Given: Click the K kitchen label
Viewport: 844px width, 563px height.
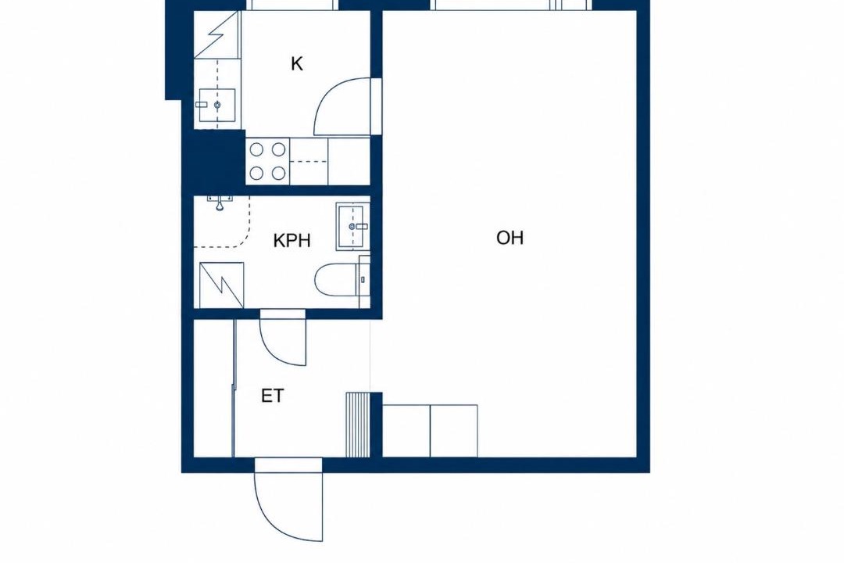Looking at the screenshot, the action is pos(297,64).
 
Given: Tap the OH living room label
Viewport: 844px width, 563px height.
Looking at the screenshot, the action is pos(510,238).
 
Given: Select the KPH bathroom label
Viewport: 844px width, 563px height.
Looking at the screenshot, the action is pos(291,240).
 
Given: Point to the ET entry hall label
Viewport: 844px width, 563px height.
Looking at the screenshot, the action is pos(273,396).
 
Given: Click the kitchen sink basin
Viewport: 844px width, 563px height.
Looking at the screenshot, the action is pos(217,105).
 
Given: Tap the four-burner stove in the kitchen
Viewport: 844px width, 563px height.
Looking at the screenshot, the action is pos(267,160).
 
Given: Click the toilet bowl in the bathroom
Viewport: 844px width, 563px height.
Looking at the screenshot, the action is pos(335,280).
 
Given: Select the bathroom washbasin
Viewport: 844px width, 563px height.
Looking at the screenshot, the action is pos(353,226).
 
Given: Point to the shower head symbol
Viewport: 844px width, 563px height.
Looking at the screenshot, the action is pos(220,203).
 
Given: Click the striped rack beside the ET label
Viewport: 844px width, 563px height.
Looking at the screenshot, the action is pos(357,425).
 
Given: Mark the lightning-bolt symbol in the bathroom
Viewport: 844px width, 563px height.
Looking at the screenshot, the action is pos(221,285).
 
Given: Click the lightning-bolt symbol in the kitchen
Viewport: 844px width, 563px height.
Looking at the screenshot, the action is pos(216,34).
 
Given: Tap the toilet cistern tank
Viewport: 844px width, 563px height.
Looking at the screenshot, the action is pos(364,279).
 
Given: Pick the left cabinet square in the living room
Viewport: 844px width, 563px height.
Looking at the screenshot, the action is pos(406,431).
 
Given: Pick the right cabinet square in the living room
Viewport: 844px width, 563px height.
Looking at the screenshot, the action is pos(454,431).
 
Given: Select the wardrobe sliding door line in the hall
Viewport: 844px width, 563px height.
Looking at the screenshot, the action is pos(234,388).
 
